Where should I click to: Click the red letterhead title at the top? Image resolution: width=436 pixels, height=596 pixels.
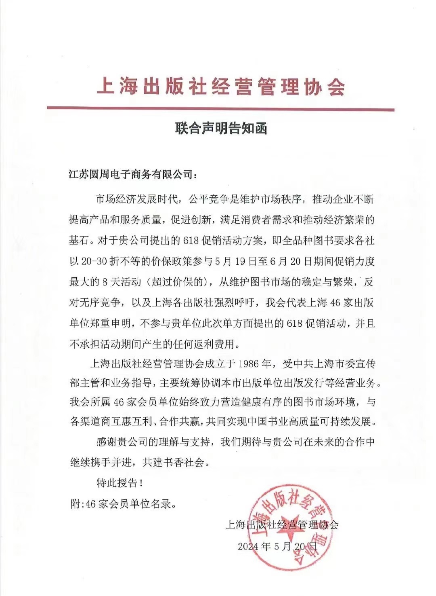tap(221, 86)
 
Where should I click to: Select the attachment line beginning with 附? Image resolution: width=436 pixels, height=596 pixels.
tap(123, 504)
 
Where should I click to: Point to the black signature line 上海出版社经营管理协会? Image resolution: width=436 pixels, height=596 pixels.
tap(282, 524)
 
